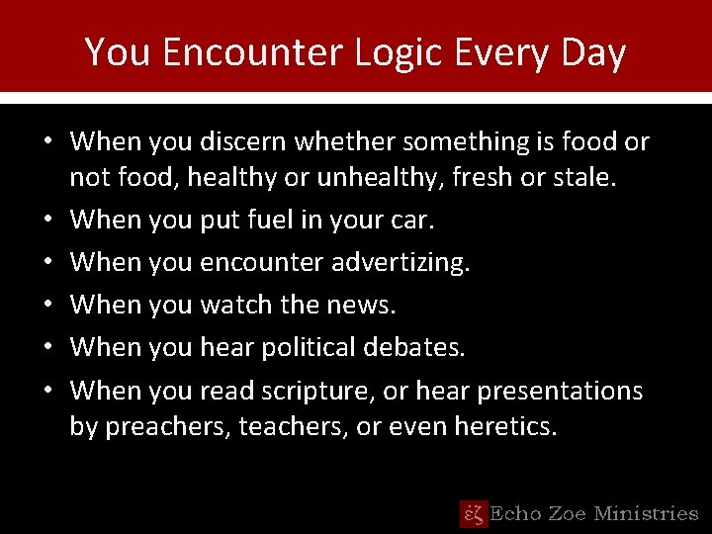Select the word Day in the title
592,52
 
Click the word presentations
560,391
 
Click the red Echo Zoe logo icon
473,513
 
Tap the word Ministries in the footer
648,513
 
